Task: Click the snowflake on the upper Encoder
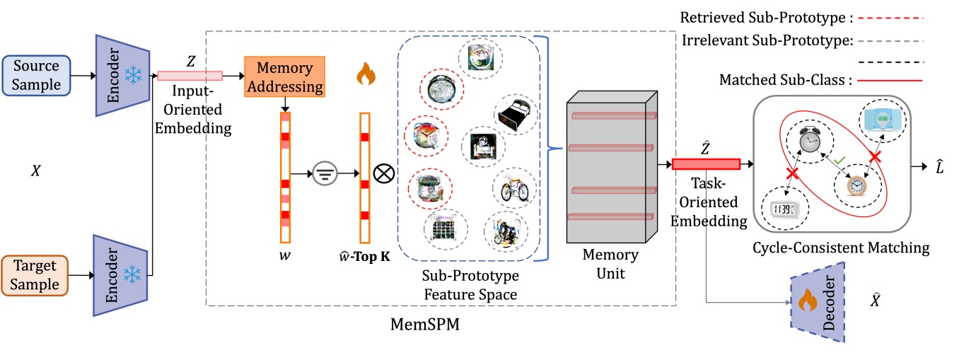pos(132,74)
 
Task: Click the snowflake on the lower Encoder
pos(132,274)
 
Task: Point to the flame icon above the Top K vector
pos(365,73)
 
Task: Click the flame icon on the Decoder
pos(806,303)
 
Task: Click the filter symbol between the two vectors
pos(329,172)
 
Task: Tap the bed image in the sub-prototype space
pos(515,113)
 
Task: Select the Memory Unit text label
pos(612,263)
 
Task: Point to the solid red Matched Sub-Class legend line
pos(889,81)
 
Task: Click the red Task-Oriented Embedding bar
pos(705,164)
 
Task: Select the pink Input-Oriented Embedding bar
pos(190,76)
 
